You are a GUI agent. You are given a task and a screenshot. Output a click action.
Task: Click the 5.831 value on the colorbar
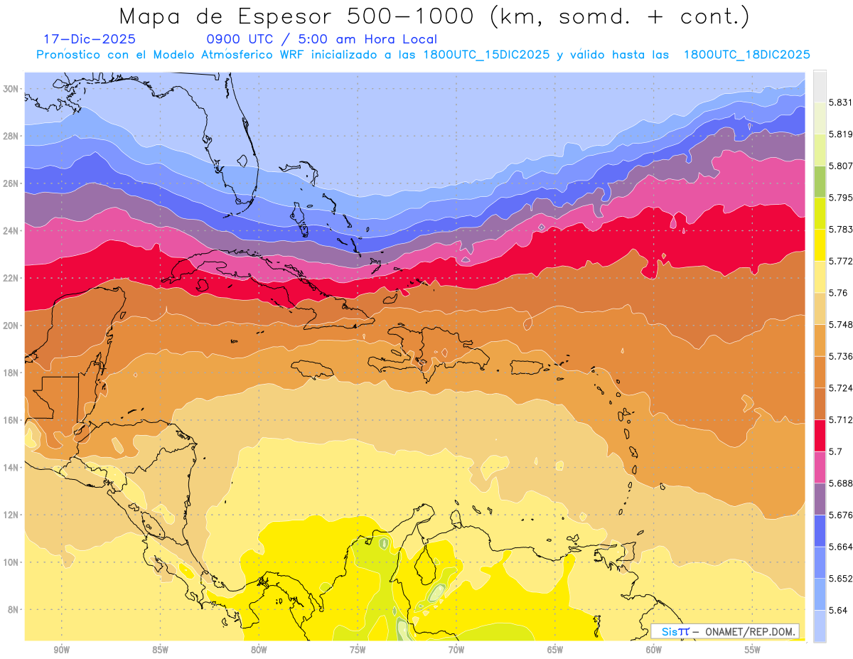point(842,102)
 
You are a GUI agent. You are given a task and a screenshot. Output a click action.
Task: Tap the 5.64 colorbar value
point(839,610)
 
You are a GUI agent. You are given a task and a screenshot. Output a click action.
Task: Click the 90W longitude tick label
point(61,650)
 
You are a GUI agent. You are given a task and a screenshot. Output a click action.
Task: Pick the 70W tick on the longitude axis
point(456,650)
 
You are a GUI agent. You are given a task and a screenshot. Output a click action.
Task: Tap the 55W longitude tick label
point(753,650)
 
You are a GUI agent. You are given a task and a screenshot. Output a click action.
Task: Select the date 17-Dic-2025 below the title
point(89,40)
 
